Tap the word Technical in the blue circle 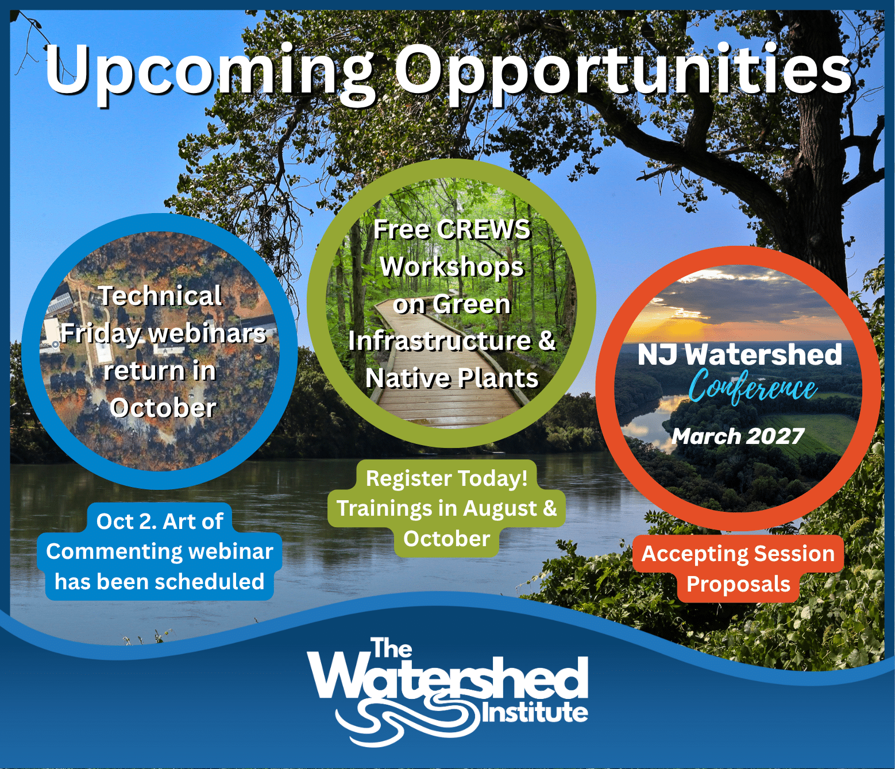click(161, 296)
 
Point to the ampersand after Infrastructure click(547, 341)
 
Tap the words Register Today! click(447, 478)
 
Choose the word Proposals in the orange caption click(738, 585)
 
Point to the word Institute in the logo click(535, 713)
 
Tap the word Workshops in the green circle click(452, 266)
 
